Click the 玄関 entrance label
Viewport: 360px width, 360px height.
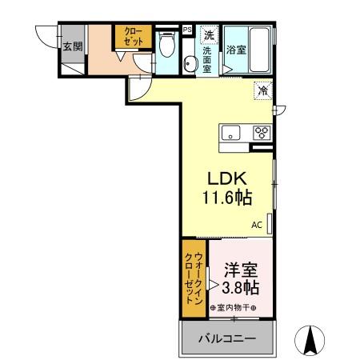[x=73, y=46]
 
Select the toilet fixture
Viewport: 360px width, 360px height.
[x=166, y=46]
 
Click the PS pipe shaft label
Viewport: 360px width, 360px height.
[x=187, y=30]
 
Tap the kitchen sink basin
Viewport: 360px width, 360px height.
[x=230, y=133]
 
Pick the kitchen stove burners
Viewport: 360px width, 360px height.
[x=261, y=133]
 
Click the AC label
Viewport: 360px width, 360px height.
[x=257, y=225]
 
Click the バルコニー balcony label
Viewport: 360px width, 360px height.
[x=228, y=339]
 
